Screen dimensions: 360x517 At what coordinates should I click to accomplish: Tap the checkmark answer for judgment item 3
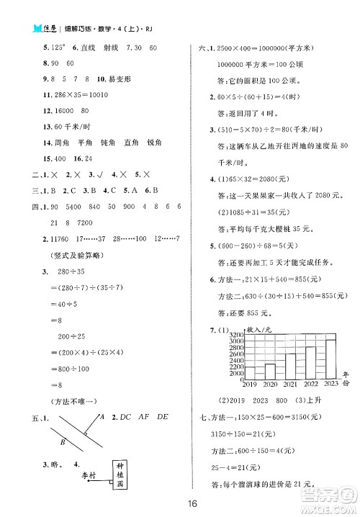point(91,174)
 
